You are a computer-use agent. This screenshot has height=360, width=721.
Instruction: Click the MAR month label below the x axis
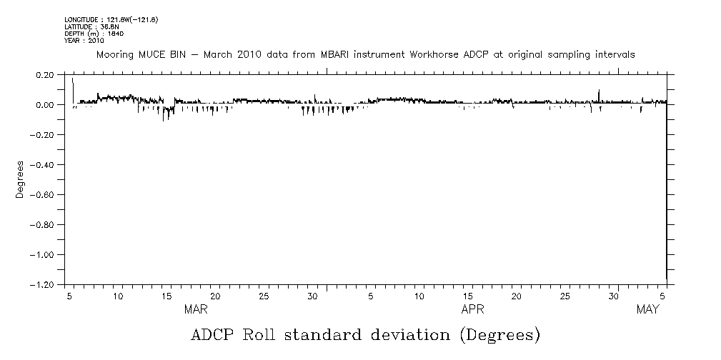(x=196, y=309)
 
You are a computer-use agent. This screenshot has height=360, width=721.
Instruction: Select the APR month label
(x=472, y=309)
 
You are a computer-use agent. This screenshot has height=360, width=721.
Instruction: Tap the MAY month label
(x=647, y=309)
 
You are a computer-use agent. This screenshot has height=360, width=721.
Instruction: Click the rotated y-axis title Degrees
(x=21, y=179)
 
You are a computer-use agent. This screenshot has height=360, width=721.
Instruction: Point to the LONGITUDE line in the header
(x=111, y=19)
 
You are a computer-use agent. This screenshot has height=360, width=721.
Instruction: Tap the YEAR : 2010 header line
(x=84, y=41)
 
